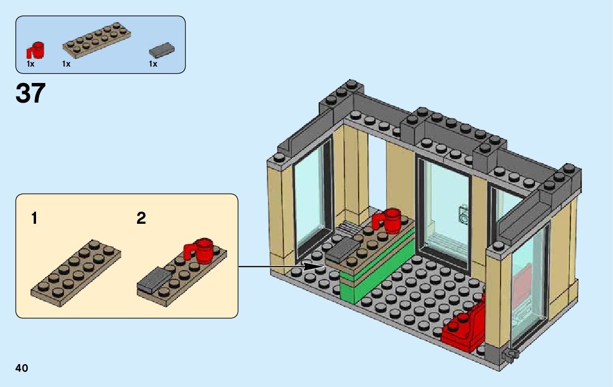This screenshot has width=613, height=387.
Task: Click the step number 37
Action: pos(31,93)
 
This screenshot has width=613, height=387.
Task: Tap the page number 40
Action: pos(22,368)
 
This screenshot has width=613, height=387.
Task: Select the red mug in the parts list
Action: pos(37,50)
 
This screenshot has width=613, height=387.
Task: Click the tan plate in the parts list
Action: pos(96,41)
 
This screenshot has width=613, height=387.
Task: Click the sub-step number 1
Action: pos(34,219)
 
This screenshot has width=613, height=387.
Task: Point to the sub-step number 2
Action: pos(141,219)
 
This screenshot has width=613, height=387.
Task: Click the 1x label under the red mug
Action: pos(31,64)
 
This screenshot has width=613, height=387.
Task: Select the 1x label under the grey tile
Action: pos(153,64)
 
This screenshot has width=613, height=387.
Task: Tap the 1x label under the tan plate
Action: pos(66,64)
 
